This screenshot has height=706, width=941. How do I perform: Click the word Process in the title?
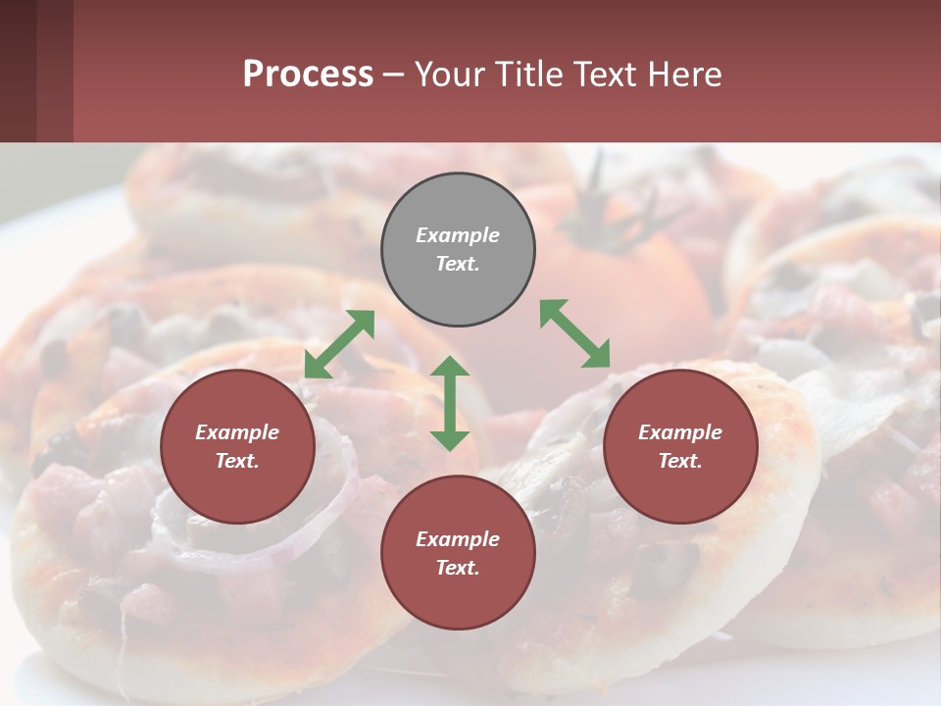308,75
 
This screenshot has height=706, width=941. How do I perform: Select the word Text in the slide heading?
605,75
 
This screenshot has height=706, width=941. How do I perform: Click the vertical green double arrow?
450,403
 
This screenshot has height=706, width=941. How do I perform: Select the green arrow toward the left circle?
339,344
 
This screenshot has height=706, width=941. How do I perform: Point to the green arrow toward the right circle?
574,333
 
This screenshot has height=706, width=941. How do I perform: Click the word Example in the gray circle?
458,235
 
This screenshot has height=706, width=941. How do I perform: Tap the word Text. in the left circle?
237,461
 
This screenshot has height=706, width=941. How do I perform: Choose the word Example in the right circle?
680,432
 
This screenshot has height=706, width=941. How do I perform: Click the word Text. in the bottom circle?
458,568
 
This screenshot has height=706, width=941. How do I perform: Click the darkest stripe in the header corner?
18,71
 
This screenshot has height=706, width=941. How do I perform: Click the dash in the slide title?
394,76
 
